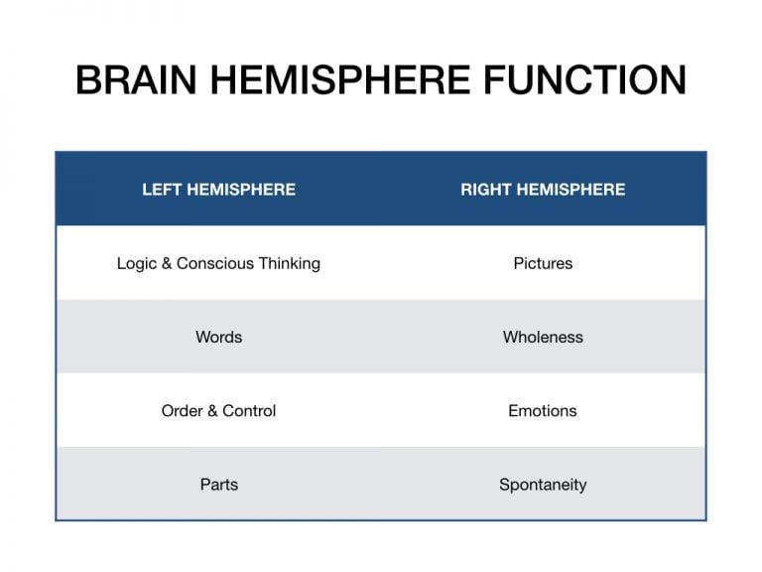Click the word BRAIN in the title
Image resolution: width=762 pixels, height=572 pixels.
(x=136, y=79)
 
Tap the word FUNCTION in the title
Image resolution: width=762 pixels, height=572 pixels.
(x=584, y=79)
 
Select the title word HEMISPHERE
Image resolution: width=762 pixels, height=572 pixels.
(x=340, y=79)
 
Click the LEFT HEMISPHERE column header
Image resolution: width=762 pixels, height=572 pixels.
(x=218, y=190)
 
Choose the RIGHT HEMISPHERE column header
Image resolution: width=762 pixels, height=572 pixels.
(x=543, y=190)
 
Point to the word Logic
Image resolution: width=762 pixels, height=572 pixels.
(x=137, y=263)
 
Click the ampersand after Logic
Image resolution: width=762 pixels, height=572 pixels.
(x=167, y=263)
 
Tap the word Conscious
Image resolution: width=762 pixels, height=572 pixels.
(x=215, y=263)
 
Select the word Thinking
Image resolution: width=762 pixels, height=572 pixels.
(x=289, y=263)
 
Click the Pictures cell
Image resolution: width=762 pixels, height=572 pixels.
(x=543, y=263)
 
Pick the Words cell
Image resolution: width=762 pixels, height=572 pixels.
(x=218, y=337)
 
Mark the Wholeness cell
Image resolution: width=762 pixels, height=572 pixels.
(x=543, y=337)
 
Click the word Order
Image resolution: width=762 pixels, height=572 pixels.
(x=183, y=411)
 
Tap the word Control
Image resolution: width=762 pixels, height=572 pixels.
(x=249, y=411)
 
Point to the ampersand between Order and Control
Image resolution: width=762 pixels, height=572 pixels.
(x=213, y=411)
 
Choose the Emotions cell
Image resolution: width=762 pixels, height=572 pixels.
(x=543, y=411)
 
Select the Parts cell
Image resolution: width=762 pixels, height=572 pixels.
(x=219, y=485)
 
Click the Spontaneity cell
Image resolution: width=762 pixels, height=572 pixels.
(x=543, y=485)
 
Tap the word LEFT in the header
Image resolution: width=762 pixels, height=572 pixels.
(x=162, y=190)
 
